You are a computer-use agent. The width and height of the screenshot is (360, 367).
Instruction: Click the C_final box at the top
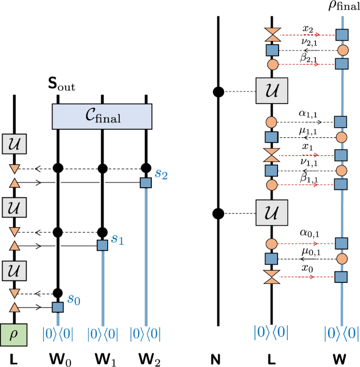(101, 116)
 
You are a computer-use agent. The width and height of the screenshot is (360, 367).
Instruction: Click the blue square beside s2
(146, 182)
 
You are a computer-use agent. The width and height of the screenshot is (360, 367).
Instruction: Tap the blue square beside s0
(58, 307)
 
